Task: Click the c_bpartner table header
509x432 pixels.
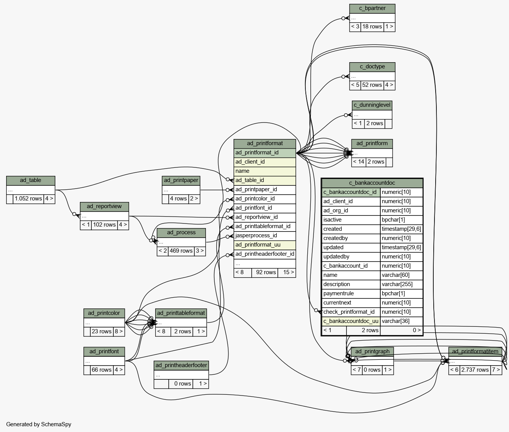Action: click(372, 8)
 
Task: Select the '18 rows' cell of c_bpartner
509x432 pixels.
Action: click(372, 26)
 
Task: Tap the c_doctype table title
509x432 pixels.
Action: click(372, 67)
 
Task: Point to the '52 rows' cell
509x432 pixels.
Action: click(372, 85)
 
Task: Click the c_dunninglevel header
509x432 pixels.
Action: click(372, 105)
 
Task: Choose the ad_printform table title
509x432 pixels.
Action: click(372, 144)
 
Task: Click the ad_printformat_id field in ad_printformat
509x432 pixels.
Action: click(265, 152)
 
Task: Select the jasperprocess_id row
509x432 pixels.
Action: click(265, 235)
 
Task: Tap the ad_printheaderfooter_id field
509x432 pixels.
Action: click(265, 254)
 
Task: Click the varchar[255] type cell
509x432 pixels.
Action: click(401, 284)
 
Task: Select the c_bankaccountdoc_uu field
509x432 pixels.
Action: click(351, 321)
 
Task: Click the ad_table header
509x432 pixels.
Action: click(30, 180)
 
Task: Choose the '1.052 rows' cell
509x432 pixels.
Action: click(28, 199)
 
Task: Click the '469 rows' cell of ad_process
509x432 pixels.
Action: click(181, 251)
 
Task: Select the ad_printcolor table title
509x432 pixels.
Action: click(104, 313)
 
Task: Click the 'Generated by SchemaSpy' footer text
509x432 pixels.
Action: click(39, 424)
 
